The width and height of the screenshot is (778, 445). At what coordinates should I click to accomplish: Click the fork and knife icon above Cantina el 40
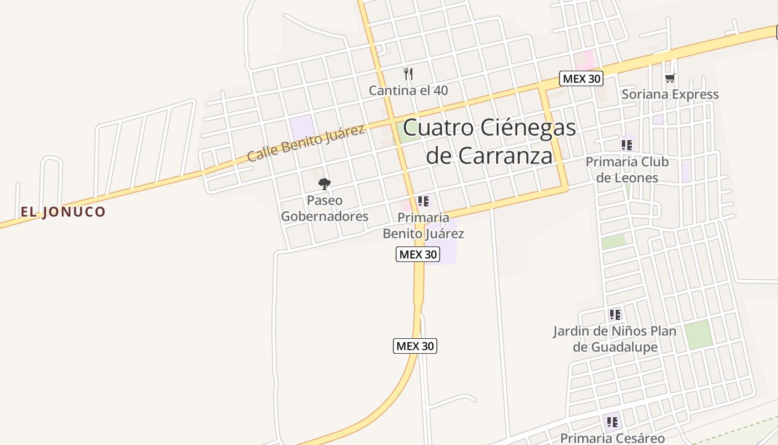408,73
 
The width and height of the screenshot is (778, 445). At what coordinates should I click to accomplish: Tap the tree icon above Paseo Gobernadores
325,184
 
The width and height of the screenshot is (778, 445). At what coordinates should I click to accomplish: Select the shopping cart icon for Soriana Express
670,78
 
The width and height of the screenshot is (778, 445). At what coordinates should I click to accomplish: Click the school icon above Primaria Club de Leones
627,145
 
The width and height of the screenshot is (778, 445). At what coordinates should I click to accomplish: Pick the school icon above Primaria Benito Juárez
423,201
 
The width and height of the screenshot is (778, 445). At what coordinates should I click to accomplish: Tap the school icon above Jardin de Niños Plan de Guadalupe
615,315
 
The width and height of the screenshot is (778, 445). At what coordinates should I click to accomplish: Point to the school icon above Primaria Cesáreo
612,422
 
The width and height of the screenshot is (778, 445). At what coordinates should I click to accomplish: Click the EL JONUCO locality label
63,212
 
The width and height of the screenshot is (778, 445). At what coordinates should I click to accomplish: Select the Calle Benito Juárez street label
306,143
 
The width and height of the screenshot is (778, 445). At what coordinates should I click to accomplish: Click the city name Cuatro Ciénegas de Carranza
489,141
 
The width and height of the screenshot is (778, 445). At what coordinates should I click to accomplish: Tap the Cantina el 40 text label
408,90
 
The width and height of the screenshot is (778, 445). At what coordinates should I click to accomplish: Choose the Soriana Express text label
670,95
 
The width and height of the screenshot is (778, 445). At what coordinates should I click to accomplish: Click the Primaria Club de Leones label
627,170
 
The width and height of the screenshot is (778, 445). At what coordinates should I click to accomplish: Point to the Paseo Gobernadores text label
325,209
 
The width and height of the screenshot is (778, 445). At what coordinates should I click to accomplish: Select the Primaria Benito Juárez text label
423,225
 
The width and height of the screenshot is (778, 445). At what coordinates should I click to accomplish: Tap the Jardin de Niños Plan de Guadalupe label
615,339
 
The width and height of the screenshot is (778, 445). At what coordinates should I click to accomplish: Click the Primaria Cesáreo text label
612,438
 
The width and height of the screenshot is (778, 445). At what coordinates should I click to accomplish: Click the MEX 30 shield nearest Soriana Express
581,78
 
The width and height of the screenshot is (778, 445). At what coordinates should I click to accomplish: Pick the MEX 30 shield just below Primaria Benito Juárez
418,254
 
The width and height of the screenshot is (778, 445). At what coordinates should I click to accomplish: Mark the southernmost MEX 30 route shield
415,346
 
